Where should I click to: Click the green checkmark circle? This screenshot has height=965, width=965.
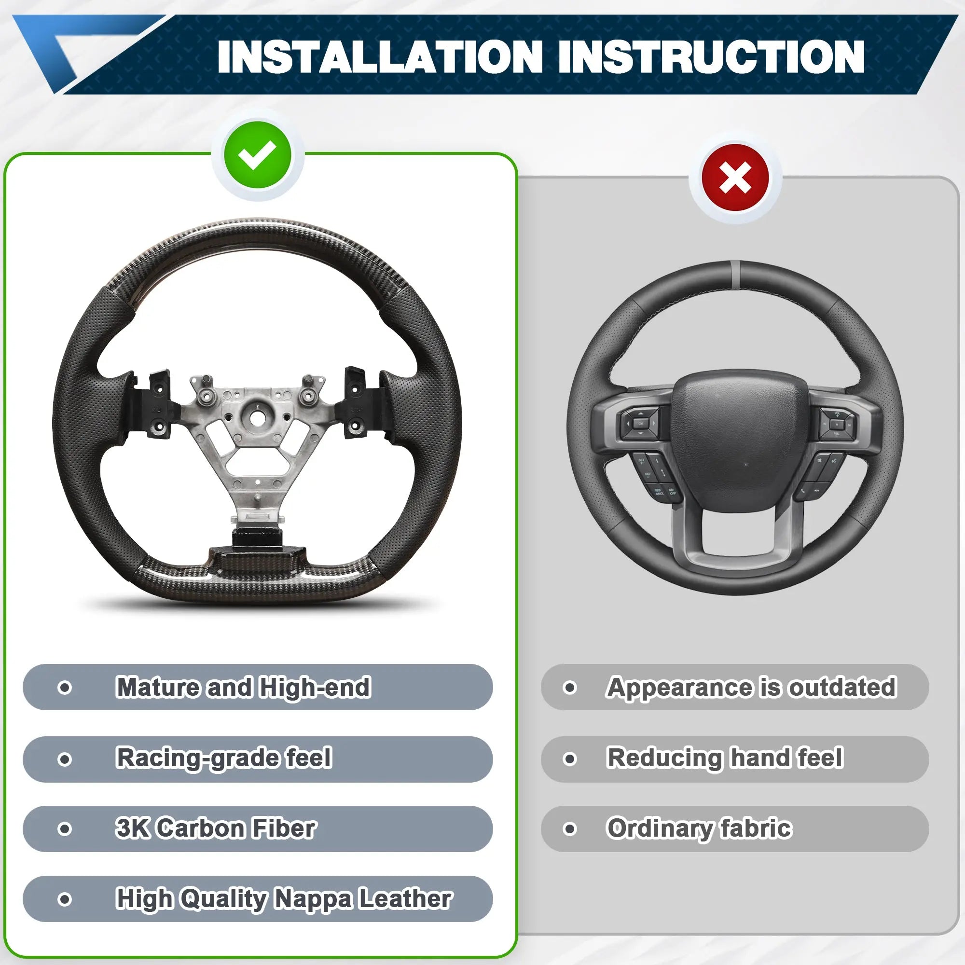257,155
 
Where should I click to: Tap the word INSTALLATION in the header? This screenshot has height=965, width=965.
380,57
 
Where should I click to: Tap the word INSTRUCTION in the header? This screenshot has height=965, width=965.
711,57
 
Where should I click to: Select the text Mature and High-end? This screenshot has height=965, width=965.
243,687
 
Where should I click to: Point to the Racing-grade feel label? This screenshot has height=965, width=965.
224,758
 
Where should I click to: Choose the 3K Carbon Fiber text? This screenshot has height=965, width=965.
216,828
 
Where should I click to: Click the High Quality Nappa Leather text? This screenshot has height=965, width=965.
284,899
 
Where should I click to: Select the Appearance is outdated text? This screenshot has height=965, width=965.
751,687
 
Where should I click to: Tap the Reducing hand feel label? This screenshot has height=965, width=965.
725,758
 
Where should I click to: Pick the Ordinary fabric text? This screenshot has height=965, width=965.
699,828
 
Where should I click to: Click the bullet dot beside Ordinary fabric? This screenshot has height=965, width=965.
569,829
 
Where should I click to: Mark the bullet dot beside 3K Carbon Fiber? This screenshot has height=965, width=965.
65,829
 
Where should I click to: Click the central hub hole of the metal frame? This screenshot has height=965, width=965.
256,417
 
